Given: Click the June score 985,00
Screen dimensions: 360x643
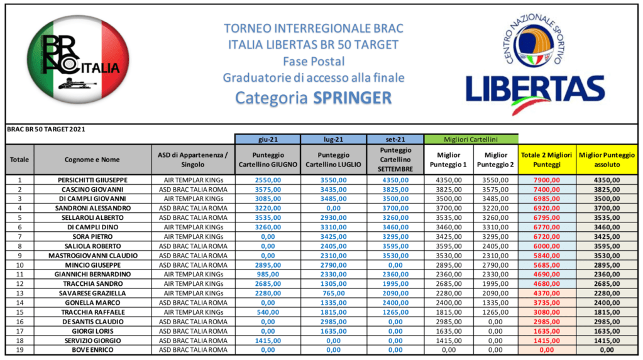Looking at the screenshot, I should (267, 274).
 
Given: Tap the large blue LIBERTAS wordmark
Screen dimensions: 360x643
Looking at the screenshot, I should (535, 89).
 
